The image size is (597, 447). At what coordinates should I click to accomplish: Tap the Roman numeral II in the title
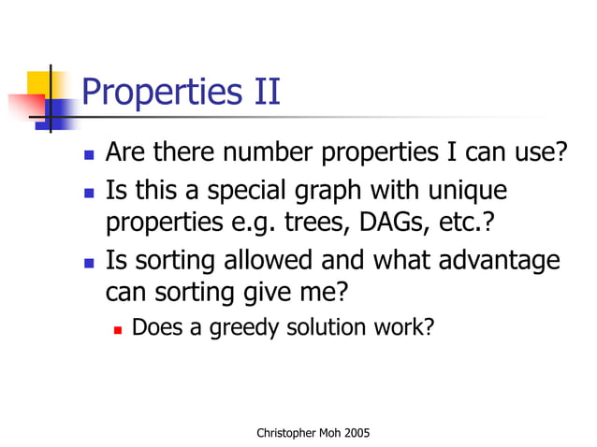click(x=262, y=94)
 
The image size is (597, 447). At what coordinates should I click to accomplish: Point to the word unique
click(x=469, y=192)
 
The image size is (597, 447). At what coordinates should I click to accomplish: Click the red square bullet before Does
click(x=119, y=328)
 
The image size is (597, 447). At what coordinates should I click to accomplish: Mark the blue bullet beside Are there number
click(x=89, y=153)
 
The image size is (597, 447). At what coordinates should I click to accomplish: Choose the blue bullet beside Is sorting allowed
click(x=89, y=261)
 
